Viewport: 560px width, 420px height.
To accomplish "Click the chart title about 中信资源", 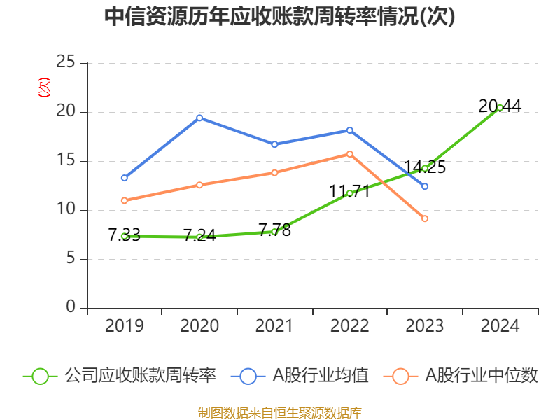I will (279, 17).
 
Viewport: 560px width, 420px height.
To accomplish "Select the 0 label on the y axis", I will (70, 308).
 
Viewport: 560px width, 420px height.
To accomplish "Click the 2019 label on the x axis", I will (124, 326).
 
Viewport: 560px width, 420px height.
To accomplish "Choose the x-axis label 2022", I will (349, 326).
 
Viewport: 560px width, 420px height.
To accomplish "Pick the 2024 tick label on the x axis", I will (500, 326).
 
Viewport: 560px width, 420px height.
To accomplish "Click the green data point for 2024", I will (500, 107).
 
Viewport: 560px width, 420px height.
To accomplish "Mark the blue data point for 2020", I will (199, 118).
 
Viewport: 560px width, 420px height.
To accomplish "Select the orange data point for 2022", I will (350, 154).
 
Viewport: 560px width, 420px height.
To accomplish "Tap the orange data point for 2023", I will (425, 219).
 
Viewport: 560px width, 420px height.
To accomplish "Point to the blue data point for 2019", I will (124, 178).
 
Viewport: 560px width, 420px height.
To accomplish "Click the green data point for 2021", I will (274, 231).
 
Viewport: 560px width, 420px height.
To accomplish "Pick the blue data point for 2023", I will (425, 186).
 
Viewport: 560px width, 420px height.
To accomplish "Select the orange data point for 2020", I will (199, 185).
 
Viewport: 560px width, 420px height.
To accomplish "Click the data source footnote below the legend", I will (279, 412).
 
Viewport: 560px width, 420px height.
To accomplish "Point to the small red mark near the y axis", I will (44, 87).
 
